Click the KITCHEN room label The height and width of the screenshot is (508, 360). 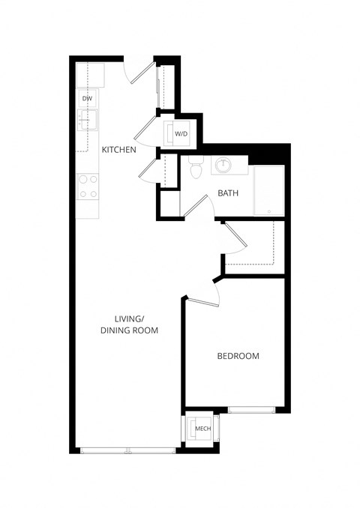[x=118, y=150]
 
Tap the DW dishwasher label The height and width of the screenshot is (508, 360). [x=87, y=98]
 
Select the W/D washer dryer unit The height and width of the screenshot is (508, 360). [x=180, y=133]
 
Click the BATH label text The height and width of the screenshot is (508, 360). [x=228, y=193]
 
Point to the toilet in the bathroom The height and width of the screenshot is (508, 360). [x=196, y=169]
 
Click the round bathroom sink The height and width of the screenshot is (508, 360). [x=223, y=164]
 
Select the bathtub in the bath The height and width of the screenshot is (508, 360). [x=268, y=191]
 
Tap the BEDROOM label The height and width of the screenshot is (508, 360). [x=238, y=356]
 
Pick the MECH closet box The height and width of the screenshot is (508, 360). [x=201, y=429]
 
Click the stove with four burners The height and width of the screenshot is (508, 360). [x=87, y=187]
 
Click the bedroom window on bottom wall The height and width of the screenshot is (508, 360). [x=252, y=409]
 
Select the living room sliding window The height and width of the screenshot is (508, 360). [x=127, y=450]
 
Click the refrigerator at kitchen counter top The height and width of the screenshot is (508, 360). [x=90, y=73]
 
